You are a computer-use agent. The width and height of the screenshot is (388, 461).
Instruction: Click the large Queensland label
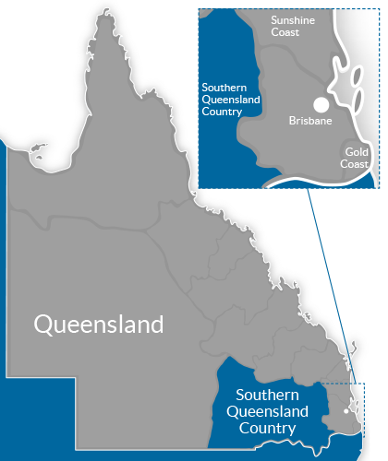(99, 325)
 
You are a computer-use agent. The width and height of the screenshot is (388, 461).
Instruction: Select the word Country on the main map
(265, 428)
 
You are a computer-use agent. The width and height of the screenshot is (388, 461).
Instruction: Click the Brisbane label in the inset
(309, 121)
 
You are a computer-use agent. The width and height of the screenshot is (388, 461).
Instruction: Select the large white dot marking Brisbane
(321, 105)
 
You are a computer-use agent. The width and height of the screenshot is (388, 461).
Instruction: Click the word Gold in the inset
(357, 151)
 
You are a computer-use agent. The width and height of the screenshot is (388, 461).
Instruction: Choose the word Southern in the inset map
(225, 87)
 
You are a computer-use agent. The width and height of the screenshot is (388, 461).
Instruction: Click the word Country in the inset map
(222, 111)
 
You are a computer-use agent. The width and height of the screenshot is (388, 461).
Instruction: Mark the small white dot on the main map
(346, 410)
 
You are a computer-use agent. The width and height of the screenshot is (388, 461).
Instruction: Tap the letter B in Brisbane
(292, 121)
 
